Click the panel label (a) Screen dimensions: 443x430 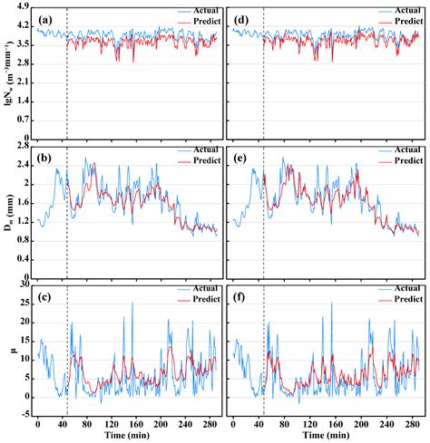click(x=45, y=17)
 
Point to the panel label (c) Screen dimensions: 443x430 click(x=45, y=294)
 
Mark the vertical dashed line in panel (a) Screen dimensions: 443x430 click(x=67, y=72)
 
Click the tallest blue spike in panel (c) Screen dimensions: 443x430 click(x=133, y=303)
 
